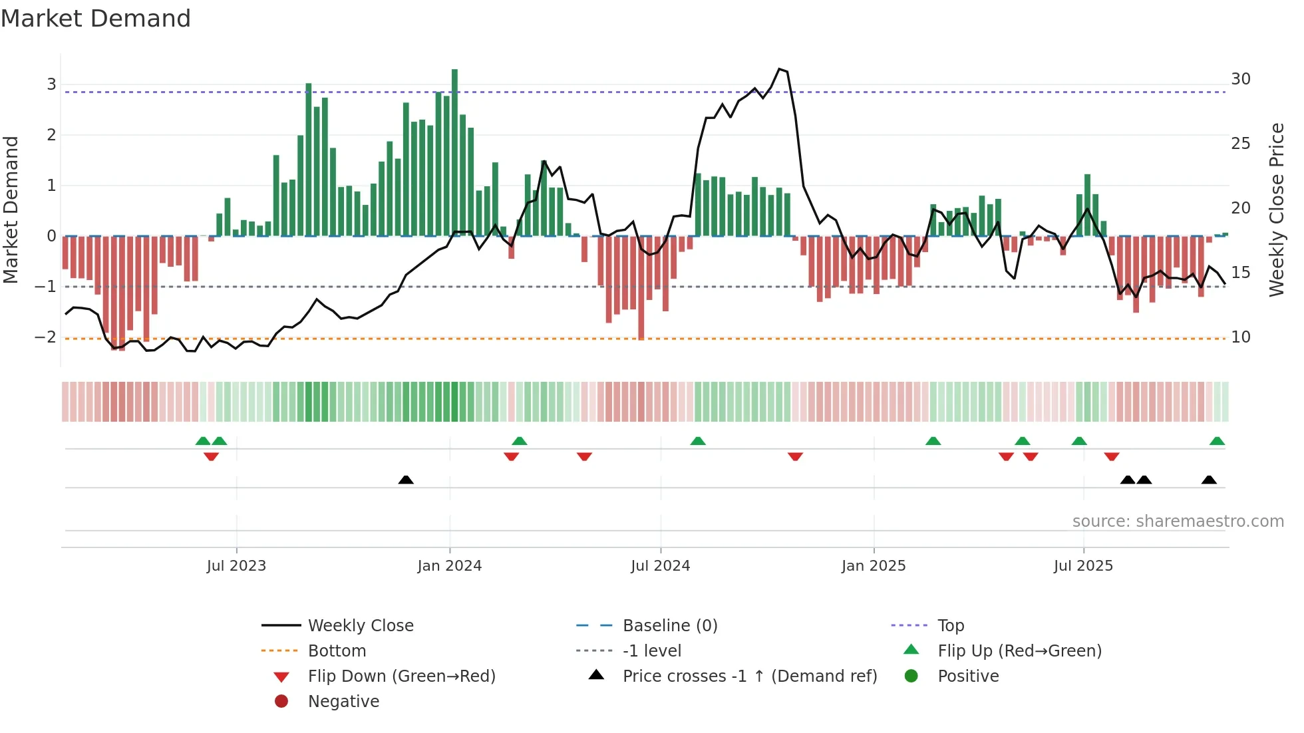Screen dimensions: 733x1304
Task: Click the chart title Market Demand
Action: point(96,19)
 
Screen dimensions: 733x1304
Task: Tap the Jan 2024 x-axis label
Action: point(449,566)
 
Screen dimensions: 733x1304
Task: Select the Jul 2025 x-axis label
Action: point(1082,566)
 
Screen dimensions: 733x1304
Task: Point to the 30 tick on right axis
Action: point(1240,79)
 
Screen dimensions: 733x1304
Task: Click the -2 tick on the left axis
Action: point(45,337)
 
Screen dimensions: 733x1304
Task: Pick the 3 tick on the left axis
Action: point(51,84)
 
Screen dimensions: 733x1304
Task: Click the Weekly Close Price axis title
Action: point(1276,210)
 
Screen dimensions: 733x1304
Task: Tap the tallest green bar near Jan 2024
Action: point(454,153)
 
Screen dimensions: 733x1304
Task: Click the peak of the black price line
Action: point(780,69)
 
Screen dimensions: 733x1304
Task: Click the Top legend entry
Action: point(950,626)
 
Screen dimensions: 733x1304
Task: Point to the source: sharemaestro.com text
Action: point(1178,521)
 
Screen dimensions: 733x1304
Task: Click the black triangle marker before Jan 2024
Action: point(406,480)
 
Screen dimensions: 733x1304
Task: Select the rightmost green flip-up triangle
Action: point(1217,441)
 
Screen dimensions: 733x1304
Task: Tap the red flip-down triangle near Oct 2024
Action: point(795,456)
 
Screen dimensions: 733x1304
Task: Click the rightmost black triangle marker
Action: point(1209,480)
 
